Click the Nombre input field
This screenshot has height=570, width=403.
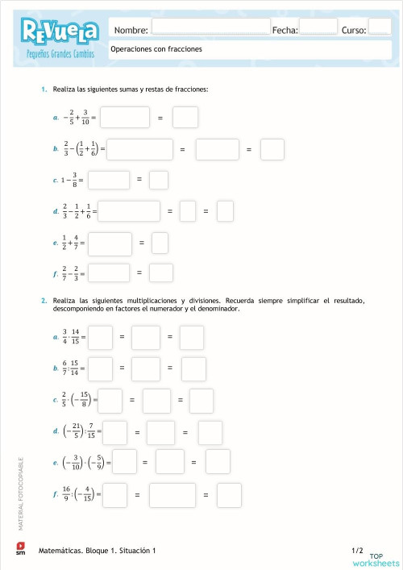[211, 27]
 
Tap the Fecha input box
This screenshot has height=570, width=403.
[318, 27]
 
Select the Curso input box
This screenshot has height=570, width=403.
[379, 27]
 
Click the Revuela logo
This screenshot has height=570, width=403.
[61, 31]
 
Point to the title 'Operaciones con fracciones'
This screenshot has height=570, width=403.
[156, 48]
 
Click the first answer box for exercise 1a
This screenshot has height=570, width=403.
[125, 118]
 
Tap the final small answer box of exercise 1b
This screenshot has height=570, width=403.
[272, 149]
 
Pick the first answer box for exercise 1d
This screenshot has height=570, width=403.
[128, 211]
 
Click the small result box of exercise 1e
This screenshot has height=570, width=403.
[160, 242]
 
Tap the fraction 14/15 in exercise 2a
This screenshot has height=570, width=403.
[77, 336]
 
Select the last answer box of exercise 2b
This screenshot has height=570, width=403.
[193, 368]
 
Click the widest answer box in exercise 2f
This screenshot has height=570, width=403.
[171, 494]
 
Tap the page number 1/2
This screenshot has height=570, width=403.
[358, 550]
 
